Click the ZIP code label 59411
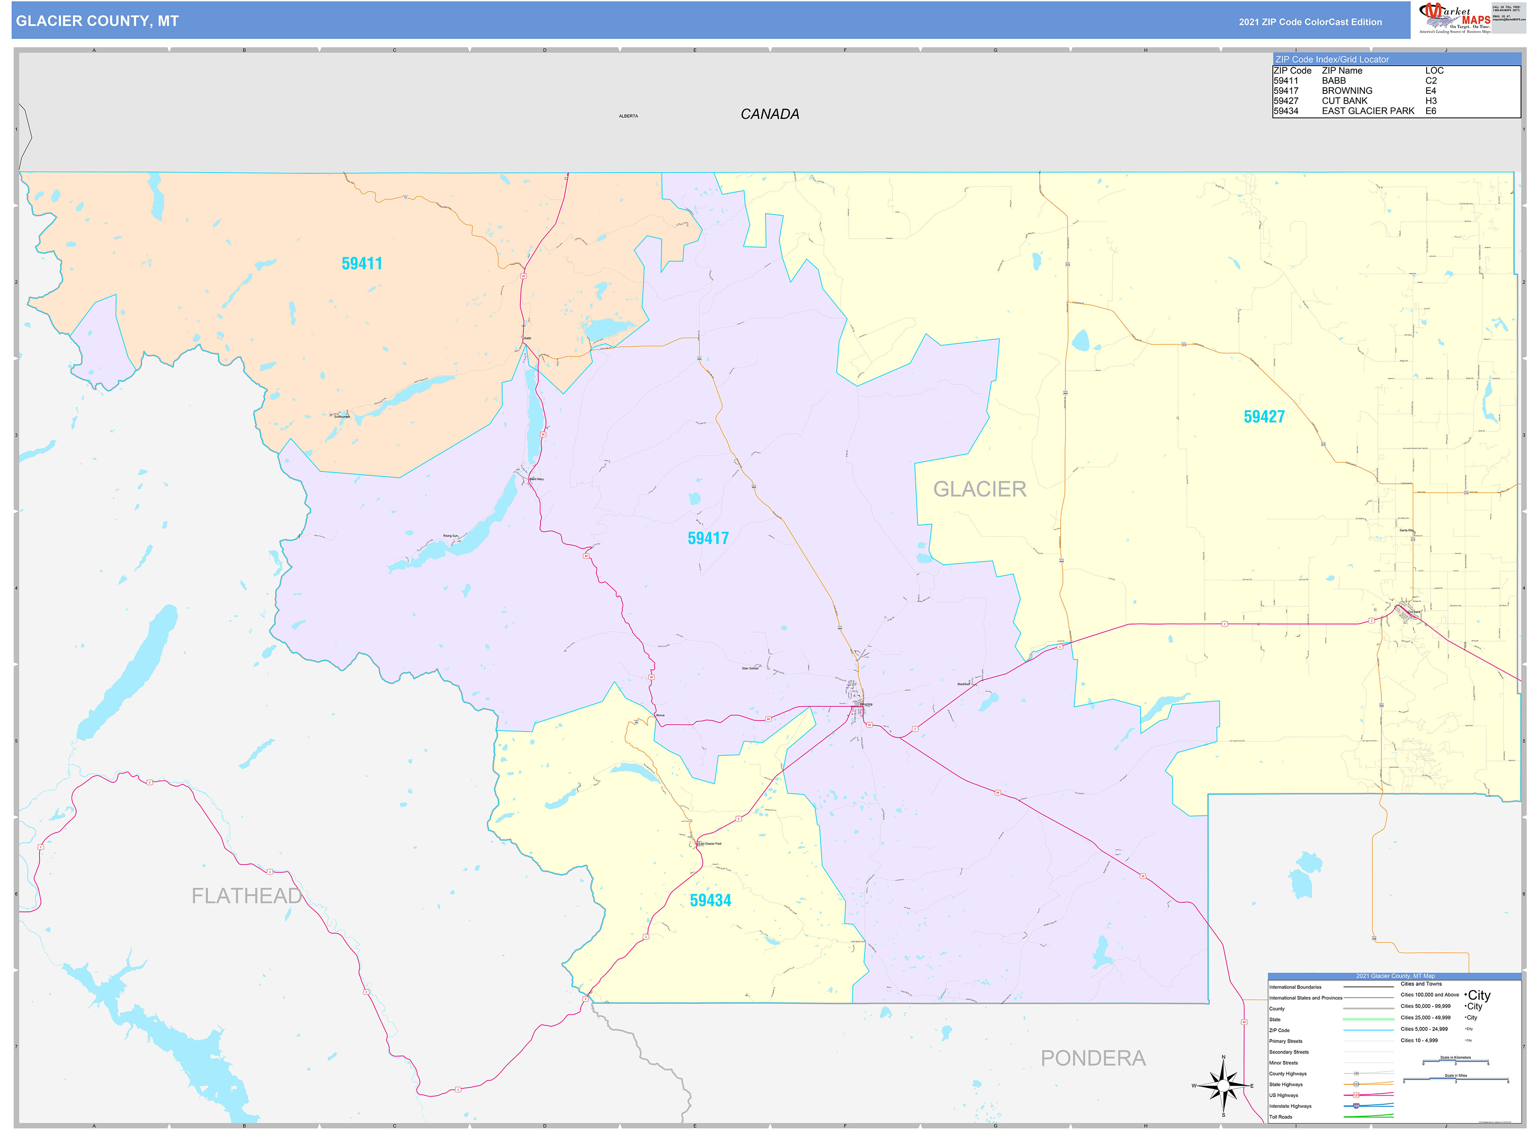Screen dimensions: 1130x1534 pos(362,263)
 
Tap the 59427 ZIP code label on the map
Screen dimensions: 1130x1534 pos(1264,416)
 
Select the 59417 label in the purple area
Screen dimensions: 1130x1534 pos(708,538)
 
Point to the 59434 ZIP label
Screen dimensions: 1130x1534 pos(710,900)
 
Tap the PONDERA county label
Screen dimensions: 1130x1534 pos(1093,1058)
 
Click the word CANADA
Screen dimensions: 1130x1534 pos(770,114)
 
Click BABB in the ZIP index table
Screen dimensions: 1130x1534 pos(1334,81)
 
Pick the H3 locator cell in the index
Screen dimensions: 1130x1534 pos(1431,100)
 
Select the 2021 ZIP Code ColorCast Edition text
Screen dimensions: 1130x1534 pos(1310,22)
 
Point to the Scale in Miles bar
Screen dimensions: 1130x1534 pos(1455,1080)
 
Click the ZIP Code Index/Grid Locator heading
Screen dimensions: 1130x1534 pos(1331,60)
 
